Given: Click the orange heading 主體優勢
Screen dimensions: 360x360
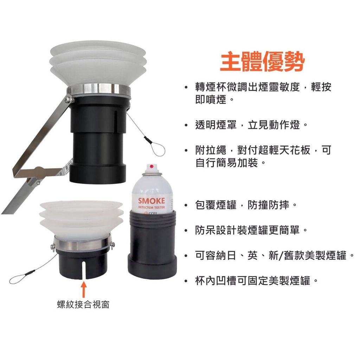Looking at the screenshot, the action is tap(262, 62).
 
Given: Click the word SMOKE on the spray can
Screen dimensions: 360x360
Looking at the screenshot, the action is tap(152, 201).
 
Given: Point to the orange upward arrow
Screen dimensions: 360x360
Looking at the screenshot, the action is tap(84, 289).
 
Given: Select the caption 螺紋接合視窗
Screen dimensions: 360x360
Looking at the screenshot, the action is tap(83, 304).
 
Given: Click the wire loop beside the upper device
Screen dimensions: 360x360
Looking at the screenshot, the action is tap(157, 148).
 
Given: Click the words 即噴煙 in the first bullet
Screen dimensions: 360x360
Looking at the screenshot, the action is tap(211, 99).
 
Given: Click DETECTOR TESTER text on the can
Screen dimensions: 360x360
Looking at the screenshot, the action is tap(152, 207).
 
